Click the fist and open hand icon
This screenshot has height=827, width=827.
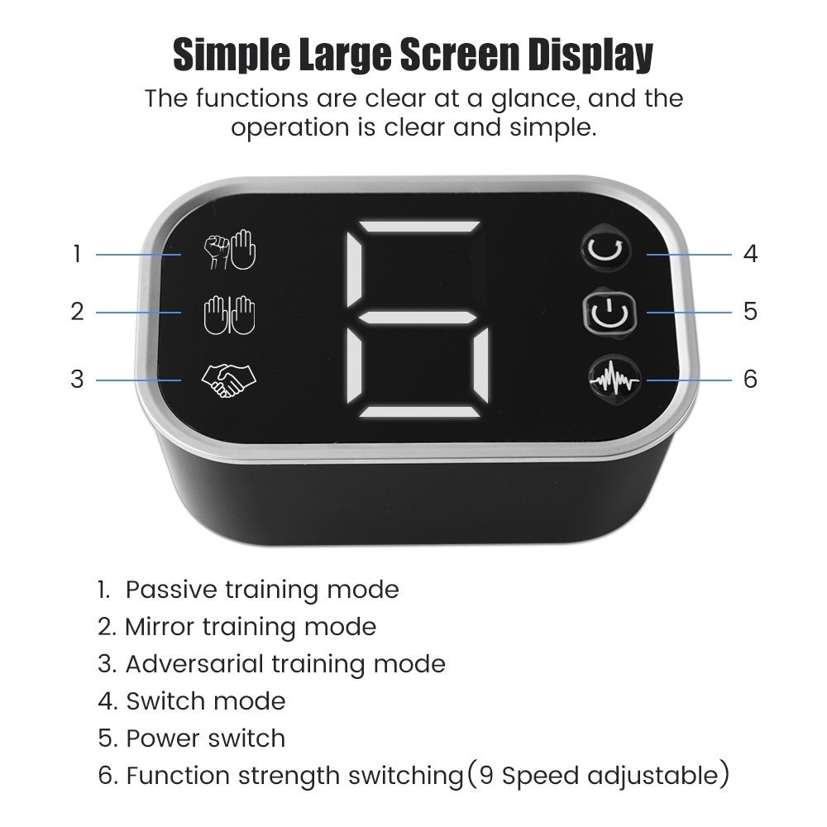coord(230,250)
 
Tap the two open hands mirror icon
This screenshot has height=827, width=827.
coord(230,315)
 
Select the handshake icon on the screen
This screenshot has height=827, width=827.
coord(228,380)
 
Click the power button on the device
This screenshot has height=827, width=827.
coord(609,313)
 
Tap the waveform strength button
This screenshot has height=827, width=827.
coord(614,378)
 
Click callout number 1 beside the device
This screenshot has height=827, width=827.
coord(77,254)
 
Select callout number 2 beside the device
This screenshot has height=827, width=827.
coord(77,312)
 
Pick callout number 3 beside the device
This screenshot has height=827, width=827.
coord(77,380)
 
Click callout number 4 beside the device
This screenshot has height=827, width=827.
coord(750,254)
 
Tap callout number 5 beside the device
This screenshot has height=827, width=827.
coord(751,311)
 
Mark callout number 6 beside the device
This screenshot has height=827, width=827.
coord(751,379)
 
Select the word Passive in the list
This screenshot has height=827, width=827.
coord(171,590)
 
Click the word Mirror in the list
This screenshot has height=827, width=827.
coord(160,627)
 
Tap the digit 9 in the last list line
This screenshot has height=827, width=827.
coord(485,776)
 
